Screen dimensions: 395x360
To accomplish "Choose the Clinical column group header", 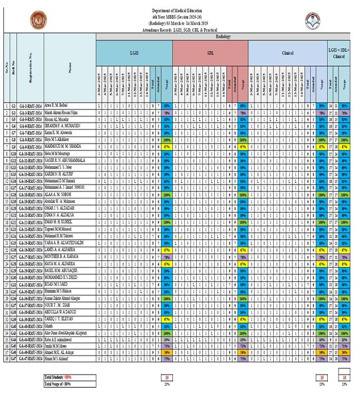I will pos(287,53).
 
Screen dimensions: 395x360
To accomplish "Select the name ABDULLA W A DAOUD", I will pos(60,312).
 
